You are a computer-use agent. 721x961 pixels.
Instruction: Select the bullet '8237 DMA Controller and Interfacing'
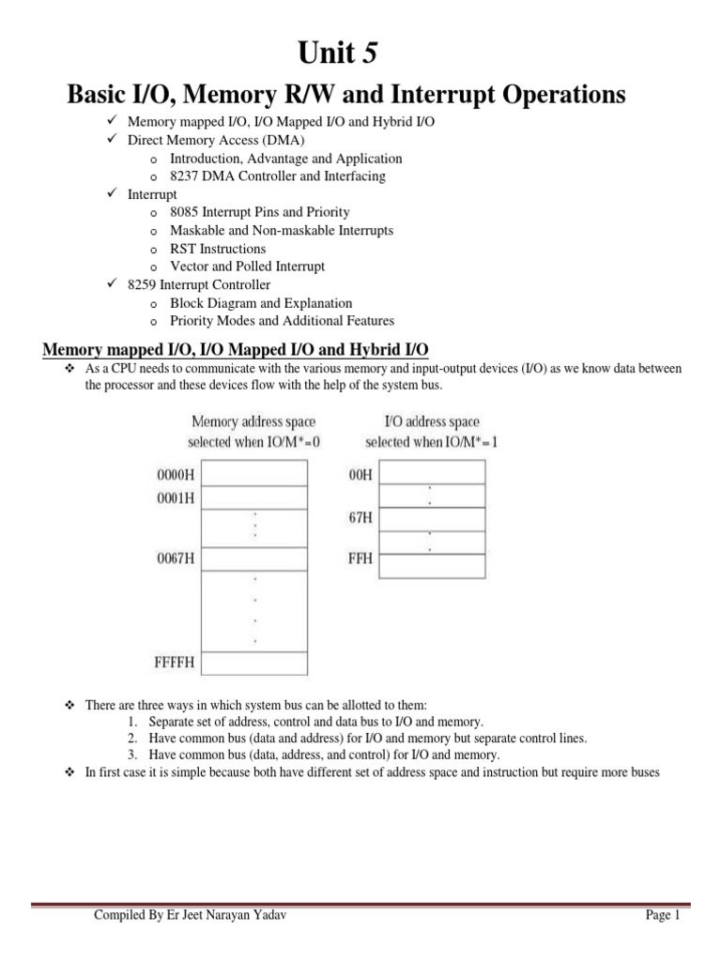(277, 175)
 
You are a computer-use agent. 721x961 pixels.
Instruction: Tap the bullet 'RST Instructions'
(218, 249)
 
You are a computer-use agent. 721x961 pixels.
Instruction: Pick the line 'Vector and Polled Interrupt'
(247, 267)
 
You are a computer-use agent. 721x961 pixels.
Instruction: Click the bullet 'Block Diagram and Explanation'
(261, 303)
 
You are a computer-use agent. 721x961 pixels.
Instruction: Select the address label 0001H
(175, 498)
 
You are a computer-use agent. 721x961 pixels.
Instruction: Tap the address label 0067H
(175, 559)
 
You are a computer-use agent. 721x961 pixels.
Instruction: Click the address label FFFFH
(175, 664)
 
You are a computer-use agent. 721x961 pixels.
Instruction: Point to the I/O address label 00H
(360, 475)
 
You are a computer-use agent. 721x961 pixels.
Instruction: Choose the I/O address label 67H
(360, 518)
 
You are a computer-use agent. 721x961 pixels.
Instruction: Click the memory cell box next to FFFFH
(254, 663)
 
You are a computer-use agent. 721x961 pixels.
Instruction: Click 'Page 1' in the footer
(661, 916)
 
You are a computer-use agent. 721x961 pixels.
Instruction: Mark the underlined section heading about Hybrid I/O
(236, 350)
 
